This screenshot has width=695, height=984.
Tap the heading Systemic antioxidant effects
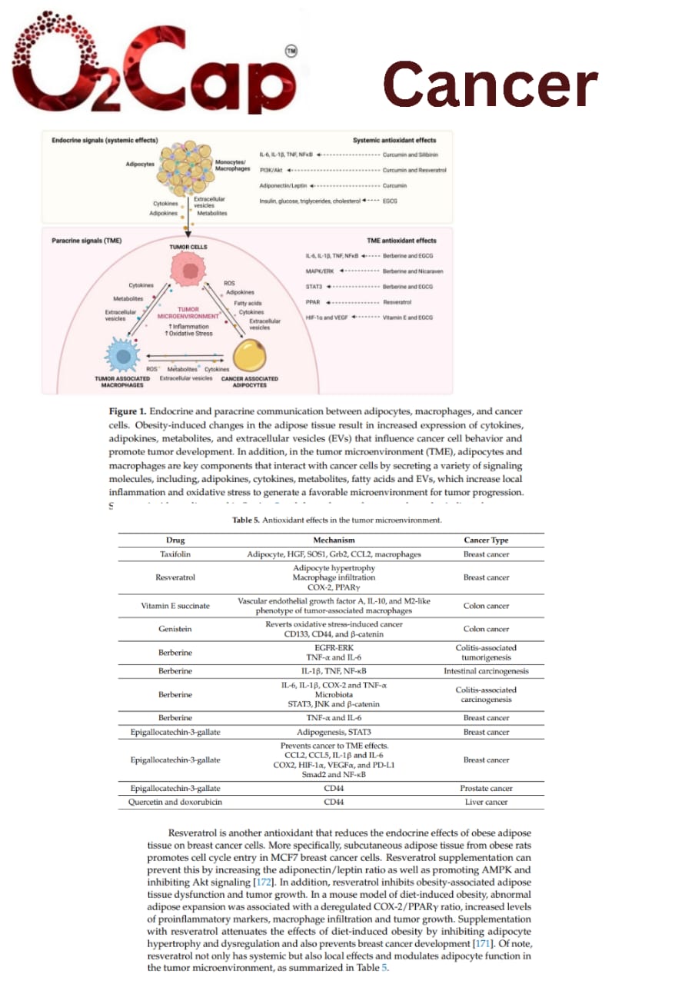[394, 141]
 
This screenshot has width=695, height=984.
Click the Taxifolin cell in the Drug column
[175, 553]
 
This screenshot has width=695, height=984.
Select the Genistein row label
[175, 629]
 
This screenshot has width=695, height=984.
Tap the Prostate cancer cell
[486, 788]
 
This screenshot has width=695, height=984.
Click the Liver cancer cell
[486, 802]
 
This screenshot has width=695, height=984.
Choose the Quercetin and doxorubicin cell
[175, 802]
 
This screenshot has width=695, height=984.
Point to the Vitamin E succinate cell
[175, 605]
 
